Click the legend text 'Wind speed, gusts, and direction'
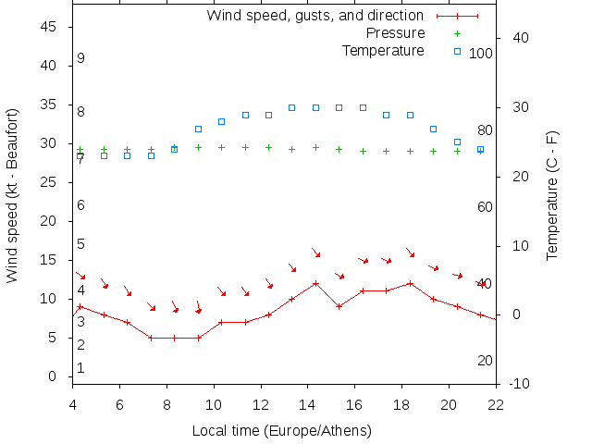click(314, 16)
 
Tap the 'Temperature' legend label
click(383, 51)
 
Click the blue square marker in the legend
click(457, 51)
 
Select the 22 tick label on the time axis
click(496, 403)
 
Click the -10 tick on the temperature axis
click(520, 384)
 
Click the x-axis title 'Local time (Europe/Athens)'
click(282, 431)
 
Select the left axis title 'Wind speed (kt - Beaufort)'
click(13, 202)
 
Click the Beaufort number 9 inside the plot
click(81, 58)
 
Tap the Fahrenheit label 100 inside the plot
click(481, 54)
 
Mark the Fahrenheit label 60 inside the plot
click(485, 207)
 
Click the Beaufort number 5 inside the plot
click(81, 244)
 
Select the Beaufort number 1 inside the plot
click(81, 368)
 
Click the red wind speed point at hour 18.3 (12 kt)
click(410, 283)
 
